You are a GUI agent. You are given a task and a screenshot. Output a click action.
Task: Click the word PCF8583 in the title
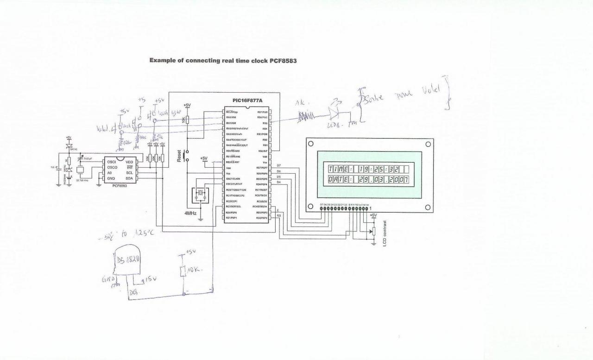pyautogui.click(x=283, y=61)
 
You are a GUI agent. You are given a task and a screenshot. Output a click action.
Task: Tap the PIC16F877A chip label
pyautogui.click(x=247, y=100)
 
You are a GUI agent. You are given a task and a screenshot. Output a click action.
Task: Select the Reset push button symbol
pyautogui.click(x=186, y=156)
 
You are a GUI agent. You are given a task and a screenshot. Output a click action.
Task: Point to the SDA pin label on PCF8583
pyautogui.click(x=129, y=178)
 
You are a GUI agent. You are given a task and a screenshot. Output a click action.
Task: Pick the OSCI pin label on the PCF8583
pyautogui.click(x=112, y=162)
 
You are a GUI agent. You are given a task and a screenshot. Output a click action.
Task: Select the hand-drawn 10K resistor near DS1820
pyautogui.click(x=183, y=270)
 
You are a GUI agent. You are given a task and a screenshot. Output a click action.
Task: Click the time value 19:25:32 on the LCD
pyautogui.click(x=379, y=169)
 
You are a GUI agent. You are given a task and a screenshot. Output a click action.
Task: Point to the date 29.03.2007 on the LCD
pyautogui.click(x=383, y=179)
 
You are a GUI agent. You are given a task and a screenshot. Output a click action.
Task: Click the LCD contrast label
pyautogui.click(x=385, y=234)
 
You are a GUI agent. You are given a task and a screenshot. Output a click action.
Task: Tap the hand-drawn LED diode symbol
pyautogui.click(x=334, y=112)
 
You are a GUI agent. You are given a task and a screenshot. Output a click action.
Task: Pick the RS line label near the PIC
pyautogui.click(x=279, y=216)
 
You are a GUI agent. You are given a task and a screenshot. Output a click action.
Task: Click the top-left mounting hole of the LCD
pyautogui.click(x=312, y=144)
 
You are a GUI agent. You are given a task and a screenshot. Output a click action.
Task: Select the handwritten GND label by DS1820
pyautogui.click(x=107, y=279)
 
